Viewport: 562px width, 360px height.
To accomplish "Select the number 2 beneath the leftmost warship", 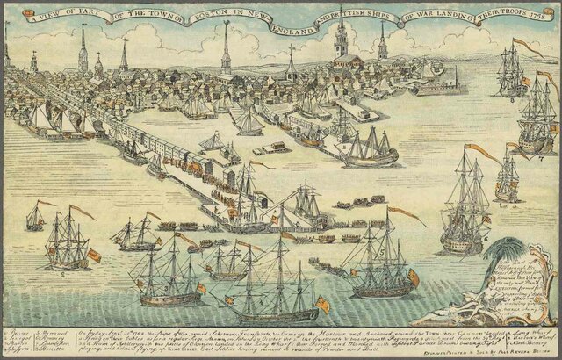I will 65,271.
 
